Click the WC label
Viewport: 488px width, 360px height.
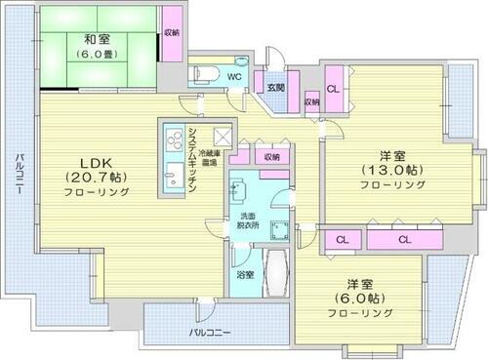click(234, 75)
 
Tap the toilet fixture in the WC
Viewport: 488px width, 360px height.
click(206, 72)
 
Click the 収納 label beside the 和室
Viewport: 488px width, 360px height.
click(172, 32)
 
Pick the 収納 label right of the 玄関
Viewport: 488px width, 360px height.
click(311, 101)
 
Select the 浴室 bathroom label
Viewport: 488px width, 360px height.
click(244, 275)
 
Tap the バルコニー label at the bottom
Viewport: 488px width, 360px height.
click(211, 333)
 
